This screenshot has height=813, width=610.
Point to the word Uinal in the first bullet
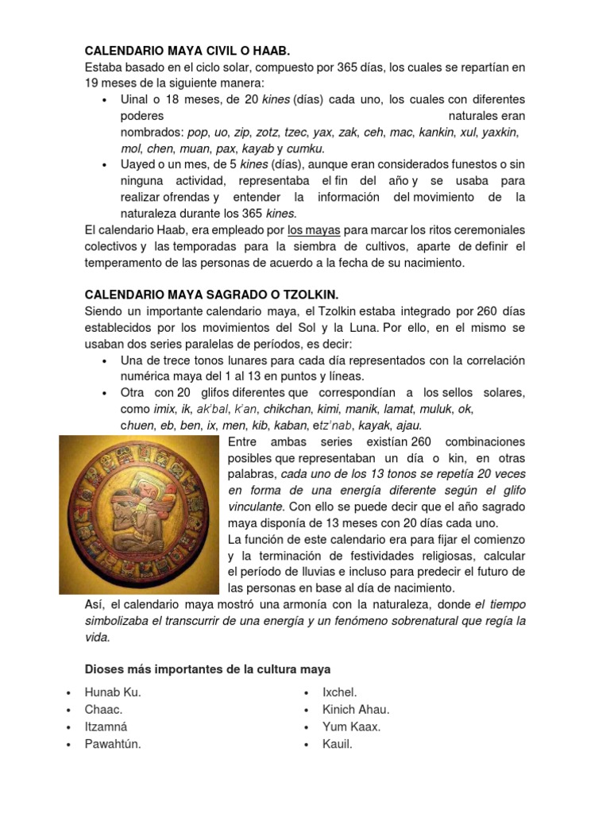tap(136, 99)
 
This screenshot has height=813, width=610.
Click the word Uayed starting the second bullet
tap(139, 164)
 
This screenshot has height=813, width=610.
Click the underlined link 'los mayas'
tap(314, 230)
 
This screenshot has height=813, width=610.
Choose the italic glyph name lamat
tap(398, 409)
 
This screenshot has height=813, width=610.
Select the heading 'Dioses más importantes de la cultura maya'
tap(207, 669)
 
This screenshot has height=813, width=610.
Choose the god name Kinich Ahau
tap(356, 710)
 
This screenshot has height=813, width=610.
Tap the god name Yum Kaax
tap(351, 726)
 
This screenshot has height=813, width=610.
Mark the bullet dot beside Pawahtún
tap(71, 745)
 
